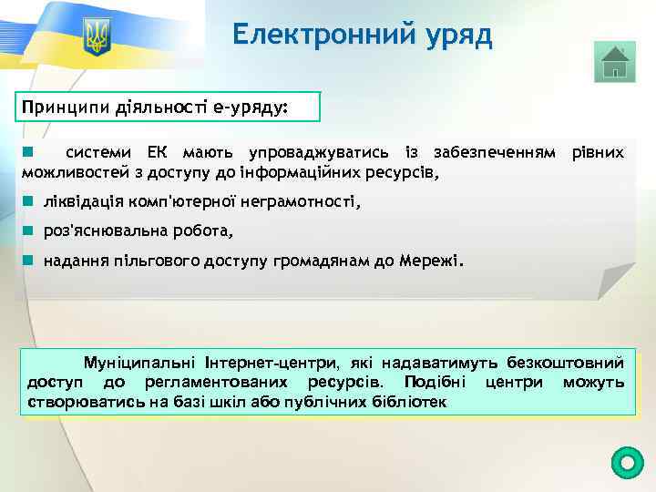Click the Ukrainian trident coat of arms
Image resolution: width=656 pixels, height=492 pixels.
click(x=96, y=38)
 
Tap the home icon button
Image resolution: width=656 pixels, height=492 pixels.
click(x=616, y=62)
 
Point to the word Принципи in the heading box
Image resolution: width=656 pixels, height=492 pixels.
click(x=67, y=108)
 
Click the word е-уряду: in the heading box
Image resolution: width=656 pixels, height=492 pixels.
click(x=250, y=108)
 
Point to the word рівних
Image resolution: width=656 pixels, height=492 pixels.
click(x=598, y=151)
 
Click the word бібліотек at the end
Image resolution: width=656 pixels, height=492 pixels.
click(x=409, y=402)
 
